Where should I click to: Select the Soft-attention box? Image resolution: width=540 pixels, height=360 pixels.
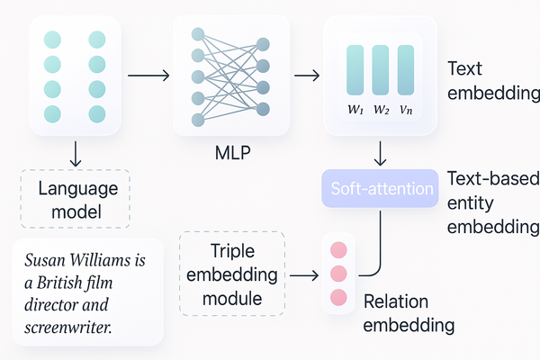tap(382, 189)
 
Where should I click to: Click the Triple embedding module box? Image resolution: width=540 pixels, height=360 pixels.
tap(232, 274)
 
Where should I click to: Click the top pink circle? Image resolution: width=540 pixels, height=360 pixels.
tap(338, 249)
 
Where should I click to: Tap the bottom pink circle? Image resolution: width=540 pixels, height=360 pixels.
tap(338, 296)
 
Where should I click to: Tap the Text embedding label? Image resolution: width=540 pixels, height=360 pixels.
tap(491, 80)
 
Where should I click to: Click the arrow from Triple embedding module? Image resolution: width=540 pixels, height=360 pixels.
tap(302, 274)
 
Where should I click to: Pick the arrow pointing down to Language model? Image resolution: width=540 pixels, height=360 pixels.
tap(76, 154)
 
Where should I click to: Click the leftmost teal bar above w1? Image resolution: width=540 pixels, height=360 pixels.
tap(355, 69)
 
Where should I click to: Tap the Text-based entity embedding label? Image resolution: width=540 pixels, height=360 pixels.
tap(491, 201)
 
